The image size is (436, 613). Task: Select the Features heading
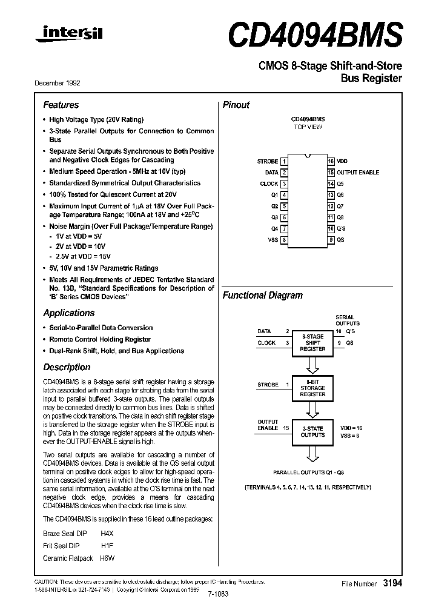[x=61, y=105]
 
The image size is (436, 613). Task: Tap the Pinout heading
[x=236, y=105]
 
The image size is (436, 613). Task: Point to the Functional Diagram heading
[x=262, y=296]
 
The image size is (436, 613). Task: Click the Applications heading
[x=68, y=313]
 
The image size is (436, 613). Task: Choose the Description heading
[x=67, y=367]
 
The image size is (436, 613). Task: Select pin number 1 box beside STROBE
[x=284, y=162]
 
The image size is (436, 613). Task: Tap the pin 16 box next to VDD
[x=331, y=162]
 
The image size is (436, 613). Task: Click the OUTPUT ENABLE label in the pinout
[x=358, y=173]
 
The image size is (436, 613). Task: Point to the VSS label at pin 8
[x=272, y=240]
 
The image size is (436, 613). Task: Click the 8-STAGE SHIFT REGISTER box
[x=312, y=343]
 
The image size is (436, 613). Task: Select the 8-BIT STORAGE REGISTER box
[x=312, y=388]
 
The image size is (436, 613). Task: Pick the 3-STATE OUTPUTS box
[x=312, y=431]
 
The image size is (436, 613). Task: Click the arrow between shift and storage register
[x=312, y=365]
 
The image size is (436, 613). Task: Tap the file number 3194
[x=392, y=583]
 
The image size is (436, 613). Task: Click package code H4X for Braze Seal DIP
[x=107, y=534]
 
